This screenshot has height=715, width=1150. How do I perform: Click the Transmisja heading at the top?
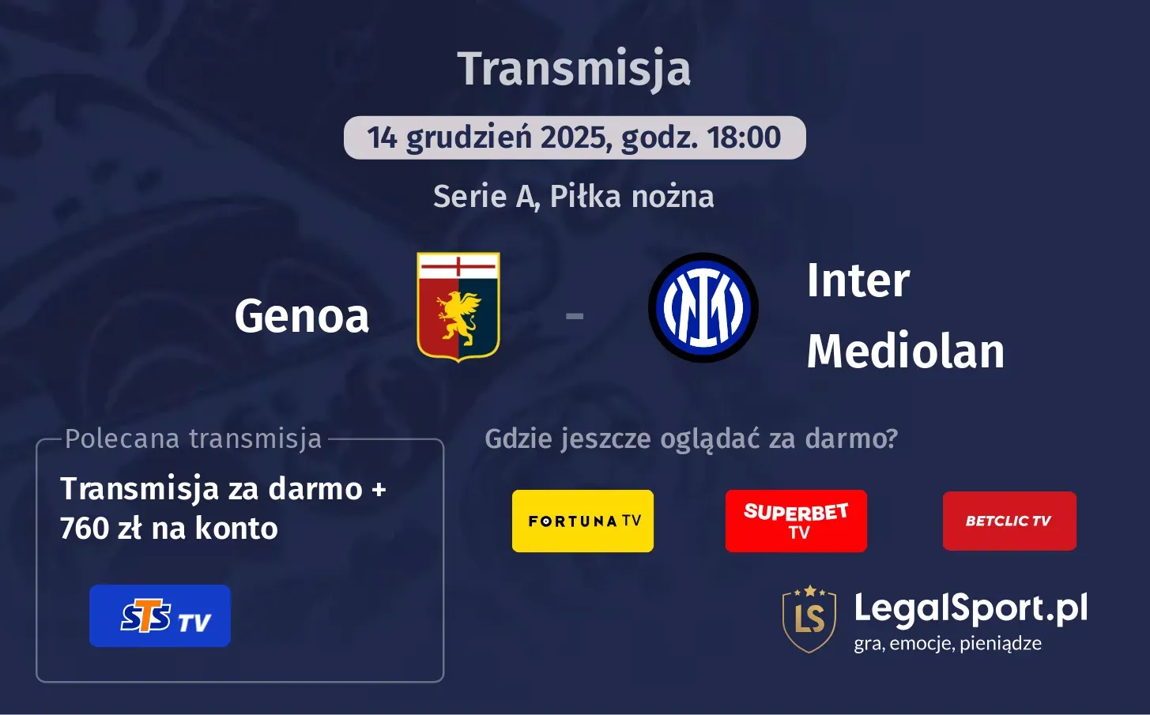pyautogui.click(x=574, y=69)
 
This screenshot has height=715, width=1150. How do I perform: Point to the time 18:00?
pyautogui.click(x=744, y=137)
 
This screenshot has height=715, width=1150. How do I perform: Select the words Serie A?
pyautogui.click(x=485, y=196)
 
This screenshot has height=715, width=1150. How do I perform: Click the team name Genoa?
pyautogui.click(x=302, y=316)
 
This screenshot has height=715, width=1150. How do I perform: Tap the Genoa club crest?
pyautogui.click(x=458, y=307)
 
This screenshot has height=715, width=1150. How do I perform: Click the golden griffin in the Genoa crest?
pyautogui.click(x=458, y=316)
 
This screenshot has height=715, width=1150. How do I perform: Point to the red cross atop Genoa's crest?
pyautogui.click(x=458, y=267)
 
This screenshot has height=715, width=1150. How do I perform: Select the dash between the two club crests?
pyautogui.click(x=575, y=316)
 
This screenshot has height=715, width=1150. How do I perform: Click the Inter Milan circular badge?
pyautogui.click(x=703, y=308)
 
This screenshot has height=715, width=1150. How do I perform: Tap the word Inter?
pyautogui.click(x=858, y=281)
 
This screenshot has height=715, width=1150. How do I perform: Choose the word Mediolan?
pyautogui.click(x=905, y=352)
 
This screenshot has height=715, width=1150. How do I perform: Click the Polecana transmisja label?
pyautogui.click(x=194, y=438)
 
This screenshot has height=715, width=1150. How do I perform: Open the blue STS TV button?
pyautogui.click(x=160, y=616)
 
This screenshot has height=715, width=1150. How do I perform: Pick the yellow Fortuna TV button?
pyautogui.click(x=583, y=521)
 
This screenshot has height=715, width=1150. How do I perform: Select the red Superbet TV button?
pyautogui.click(x=796, y=521)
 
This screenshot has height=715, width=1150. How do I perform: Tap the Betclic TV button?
pyautogui.click(x=1009, y=521)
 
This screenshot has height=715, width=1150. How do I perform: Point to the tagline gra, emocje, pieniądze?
pyautogui.click(x=947, y=643)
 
